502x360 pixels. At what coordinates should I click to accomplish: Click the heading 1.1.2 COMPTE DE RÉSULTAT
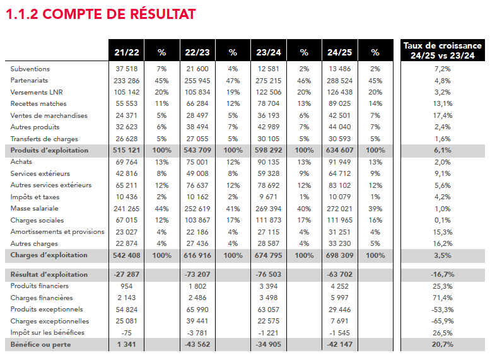[x=100, y=14]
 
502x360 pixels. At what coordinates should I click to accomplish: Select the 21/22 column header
[x=127, y=52]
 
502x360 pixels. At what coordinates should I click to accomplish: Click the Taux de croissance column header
[x=442, y=50]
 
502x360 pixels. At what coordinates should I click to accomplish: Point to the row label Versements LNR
[x=36, y=92]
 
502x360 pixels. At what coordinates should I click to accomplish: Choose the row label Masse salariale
[x=35, y=209]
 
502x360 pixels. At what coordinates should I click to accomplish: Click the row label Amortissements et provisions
[x=57, y=232]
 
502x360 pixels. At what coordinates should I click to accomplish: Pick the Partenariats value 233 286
[x=127, y=81]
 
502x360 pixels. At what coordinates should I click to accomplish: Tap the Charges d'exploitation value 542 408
[x=127, y=255]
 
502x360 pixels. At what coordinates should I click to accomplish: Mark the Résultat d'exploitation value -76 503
[x=269, y=275]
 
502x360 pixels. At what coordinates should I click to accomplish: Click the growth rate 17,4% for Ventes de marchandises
[x=443, y=115]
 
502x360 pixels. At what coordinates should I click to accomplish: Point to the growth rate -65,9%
[x=443, y=321]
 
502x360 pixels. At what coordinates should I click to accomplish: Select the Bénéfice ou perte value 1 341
[x=127, y=345]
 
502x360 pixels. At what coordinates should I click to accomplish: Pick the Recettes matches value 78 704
[x=269, y=104]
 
